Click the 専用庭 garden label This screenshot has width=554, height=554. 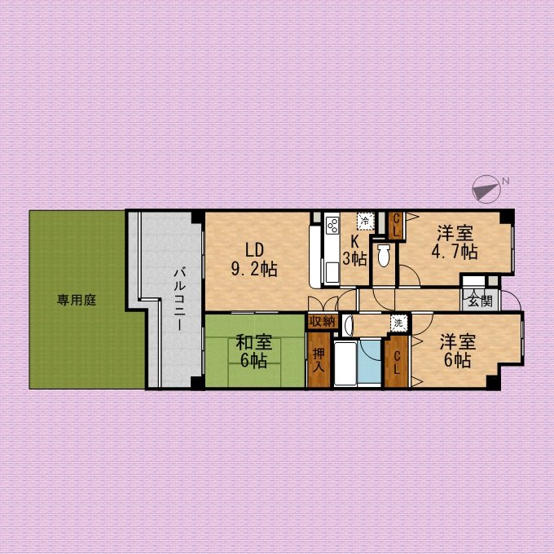coord(77,301)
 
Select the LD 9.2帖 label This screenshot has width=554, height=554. coord(254,260)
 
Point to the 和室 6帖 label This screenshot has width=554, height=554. coord(253,352)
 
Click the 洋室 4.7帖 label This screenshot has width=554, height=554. coord(455,243)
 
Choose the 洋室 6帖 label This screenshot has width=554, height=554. coord(458,351)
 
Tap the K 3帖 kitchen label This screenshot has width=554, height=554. coord(354,250)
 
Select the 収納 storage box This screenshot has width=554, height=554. coord(322,322)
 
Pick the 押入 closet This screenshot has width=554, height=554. coord(319,360)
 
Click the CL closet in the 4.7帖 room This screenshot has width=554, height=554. coord(397,226)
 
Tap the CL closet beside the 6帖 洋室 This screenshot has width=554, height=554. coord(397,363)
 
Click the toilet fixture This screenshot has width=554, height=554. coord(384,255)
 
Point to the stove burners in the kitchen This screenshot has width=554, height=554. coord(332,226)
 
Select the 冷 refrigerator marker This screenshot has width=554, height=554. coord(365,221)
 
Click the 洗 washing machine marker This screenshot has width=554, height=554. coord(399,323)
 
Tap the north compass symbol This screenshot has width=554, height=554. coord(487,189)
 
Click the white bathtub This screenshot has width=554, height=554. coord(345,363)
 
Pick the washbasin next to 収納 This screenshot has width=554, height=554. coord(347,325)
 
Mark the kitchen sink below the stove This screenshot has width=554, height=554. coord(332,273)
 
